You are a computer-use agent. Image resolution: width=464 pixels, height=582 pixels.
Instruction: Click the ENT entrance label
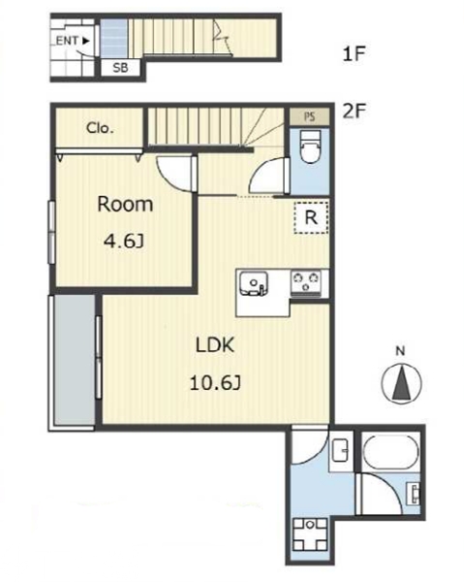click(x=73, y=41)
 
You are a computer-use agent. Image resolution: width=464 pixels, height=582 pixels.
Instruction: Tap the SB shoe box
click(x=121, y=68)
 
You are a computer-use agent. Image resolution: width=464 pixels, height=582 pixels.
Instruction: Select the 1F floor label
click(x=354, y=54)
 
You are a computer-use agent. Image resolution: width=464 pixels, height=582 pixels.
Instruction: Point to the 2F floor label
click(x=354, y=111)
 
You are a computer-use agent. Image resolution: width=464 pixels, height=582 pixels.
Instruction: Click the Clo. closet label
click(x=100, y=128)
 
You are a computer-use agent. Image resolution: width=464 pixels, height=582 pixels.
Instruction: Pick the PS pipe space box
click(x=309, y=117)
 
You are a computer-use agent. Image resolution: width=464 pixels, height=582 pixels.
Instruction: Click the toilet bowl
click(x=310, y=146)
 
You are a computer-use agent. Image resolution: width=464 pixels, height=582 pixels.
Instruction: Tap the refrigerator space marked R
click(x=311, y=217)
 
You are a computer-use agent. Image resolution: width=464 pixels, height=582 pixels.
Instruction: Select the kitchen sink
click(x=254, y=284)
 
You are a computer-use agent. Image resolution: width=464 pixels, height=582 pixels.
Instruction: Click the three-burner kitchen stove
click(x=306, y=284)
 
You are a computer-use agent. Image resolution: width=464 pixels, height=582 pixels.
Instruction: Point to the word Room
click(x=125, y=205)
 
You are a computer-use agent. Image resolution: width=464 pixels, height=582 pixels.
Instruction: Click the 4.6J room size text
click(x=123, y=242)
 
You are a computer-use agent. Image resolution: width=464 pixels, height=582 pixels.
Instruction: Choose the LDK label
click(x=215, y=345)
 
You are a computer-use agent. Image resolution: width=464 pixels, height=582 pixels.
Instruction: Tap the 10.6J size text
click(x=215, y=383)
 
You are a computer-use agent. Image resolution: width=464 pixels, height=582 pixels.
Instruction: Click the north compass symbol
click(x=401, y=383)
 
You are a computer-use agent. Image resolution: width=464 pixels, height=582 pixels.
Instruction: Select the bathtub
click(x=390, y=452)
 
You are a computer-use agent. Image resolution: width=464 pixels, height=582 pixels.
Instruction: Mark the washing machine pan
click(x=311, y=534)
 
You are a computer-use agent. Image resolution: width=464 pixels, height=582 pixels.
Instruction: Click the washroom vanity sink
click(x=340, y=450)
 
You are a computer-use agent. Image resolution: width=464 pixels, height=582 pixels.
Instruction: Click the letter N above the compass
click(x=400, y=351)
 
